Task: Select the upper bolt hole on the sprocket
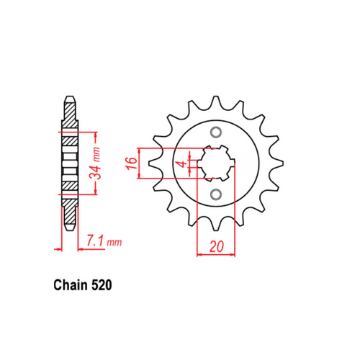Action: tap(216, 132)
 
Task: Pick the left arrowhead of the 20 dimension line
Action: tap(199, 254)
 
